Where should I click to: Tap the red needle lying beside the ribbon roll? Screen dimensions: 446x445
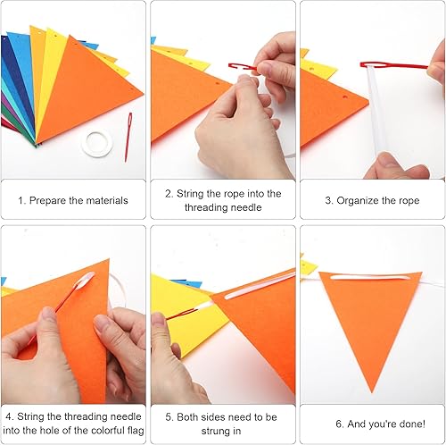click(128, 138)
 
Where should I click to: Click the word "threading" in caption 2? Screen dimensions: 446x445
click(206, 207)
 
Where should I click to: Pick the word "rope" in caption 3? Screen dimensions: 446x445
click(409, 201)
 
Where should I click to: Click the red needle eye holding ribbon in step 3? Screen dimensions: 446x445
click(373, 64)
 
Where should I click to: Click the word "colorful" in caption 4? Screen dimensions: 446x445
click(108, 431)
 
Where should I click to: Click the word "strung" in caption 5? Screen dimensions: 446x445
click(215, 432)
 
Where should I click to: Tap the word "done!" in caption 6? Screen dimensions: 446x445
click(413, 424)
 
